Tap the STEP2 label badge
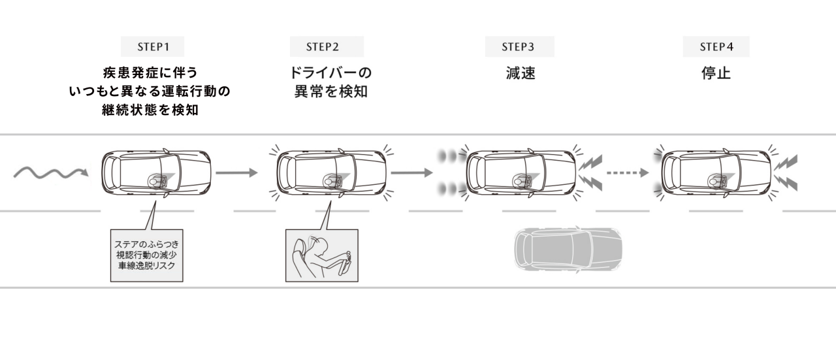[x=327, y=47]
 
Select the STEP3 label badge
[x=519, y=47]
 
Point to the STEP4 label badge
[x=716, y=47]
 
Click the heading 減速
[x=520, y=73]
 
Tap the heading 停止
[x=716, y=73]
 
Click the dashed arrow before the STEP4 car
[x=627, y=173]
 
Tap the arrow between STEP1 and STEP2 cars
[x=236, y=173]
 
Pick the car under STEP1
[x=157, y=173]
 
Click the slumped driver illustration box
[x=323, y=255]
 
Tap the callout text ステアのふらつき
[x=146, y=244]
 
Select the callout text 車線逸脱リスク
[x=146, y=267]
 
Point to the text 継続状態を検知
[x=150, y=110]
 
